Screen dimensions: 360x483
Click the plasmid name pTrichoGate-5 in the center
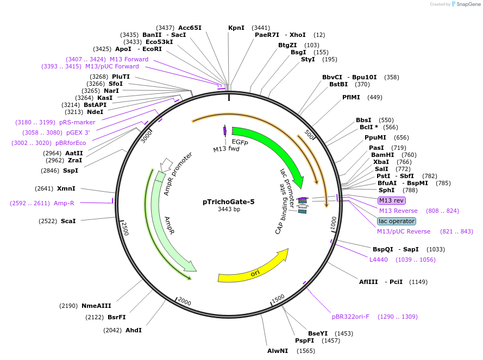228,201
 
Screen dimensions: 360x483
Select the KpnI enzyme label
236,28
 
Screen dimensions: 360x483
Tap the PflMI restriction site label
351,98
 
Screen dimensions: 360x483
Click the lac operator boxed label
397,221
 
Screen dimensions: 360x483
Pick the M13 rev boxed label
391,201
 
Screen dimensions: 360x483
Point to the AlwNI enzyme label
278,351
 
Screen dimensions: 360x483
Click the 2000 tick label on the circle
185,301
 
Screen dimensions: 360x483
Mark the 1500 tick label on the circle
278,298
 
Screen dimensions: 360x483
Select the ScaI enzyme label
68,221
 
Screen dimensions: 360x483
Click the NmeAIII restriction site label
96,306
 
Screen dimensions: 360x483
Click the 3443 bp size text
229,209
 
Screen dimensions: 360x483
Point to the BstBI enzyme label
338,84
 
